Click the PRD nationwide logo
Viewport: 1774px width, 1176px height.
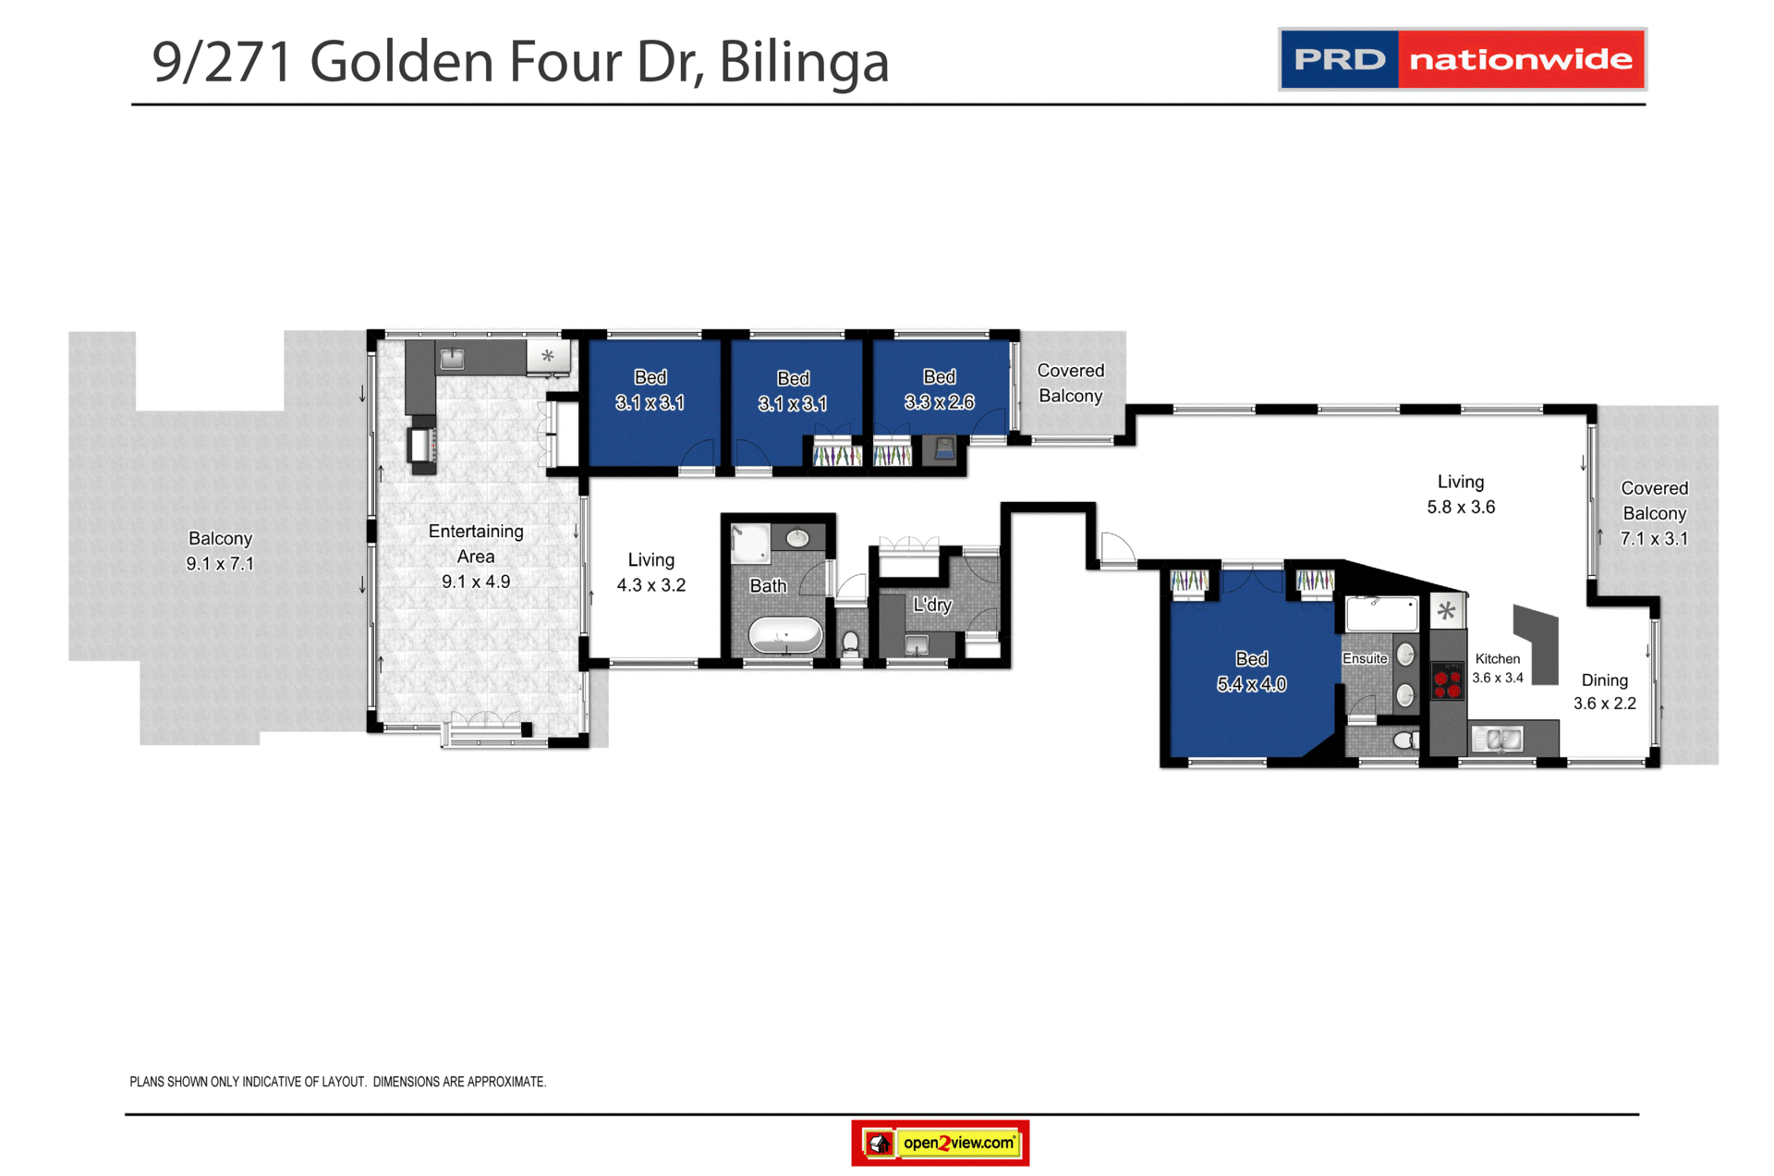pos(1462,59)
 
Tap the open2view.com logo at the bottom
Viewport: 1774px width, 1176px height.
pos(940,1144)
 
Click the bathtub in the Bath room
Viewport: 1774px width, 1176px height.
pos(785,636)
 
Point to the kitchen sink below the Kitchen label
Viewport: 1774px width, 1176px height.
pos(1497,739)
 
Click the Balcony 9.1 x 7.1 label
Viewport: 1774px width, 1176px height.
pos(220,551)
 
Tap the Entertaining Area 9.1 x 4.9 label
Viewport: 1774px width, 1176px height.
pos(476,557)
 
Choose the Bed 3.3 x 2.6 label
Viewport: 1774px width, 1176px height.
pos(939,389)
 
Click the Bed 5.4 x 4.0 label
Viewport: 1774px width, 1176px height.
pos(1251,671)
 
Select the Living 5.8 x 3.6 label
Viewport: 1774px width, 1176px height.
pos(1461,495)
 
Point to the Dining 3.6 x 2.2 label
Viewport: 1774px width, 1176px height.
pos(1605,692)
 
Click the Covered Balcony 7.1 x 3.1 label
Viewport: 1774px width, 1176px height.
pos(1654,513)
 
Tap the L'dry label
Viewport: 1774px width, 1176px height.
pos(932,605)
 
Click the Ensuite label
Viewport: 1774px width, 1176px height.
pos(1365,658)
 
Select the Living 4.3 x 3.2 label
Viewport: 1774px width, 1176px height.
pos(651,572)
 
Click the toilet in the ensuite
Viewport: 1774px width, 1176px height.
pos(1405,740)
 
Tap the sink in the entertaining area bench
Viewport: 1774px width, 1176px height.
pos(452,359)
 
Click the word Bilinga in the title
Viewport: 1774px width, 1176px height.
pos(804,62)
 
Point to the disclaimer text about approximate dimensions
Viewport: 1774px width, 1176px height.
pos(338,1082)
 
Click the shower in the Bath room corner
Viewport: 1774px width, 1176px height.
pos(749,543)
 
